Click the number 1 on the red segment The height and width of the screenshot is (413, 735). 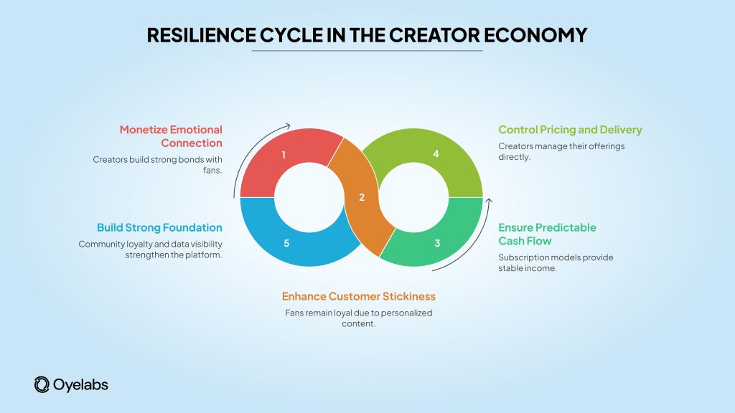point(284,155)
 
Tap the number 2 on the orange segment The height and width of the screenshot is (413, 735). point(362,197)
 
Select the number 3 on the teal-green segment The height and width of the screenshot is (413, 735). point(437,243)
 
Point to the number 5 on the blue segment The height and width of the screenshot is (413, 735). point(286,244)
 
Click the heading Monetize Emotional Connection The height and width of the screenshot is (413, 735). point(171,136)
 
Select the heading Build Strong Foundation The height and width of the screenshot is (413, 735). point(159,227)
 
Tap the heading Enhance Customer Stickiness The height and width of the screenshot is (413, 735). point(358,296)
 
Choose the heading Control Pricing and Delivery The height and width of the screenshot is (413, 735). point(570,130)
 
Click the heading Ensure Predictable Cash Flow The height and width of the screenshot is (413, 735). point(547,234)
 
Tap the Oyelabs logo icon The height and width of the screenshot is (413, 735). point(42,385)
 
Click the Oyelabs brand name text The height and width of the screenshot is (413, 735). point(80,385)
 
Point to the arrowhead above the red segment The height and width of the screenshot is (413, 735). point(289,123)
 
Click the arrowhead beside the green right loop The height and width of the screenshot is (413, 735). point(488,200)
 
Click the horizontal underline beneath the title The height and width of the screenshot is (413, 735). point(367,52)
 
